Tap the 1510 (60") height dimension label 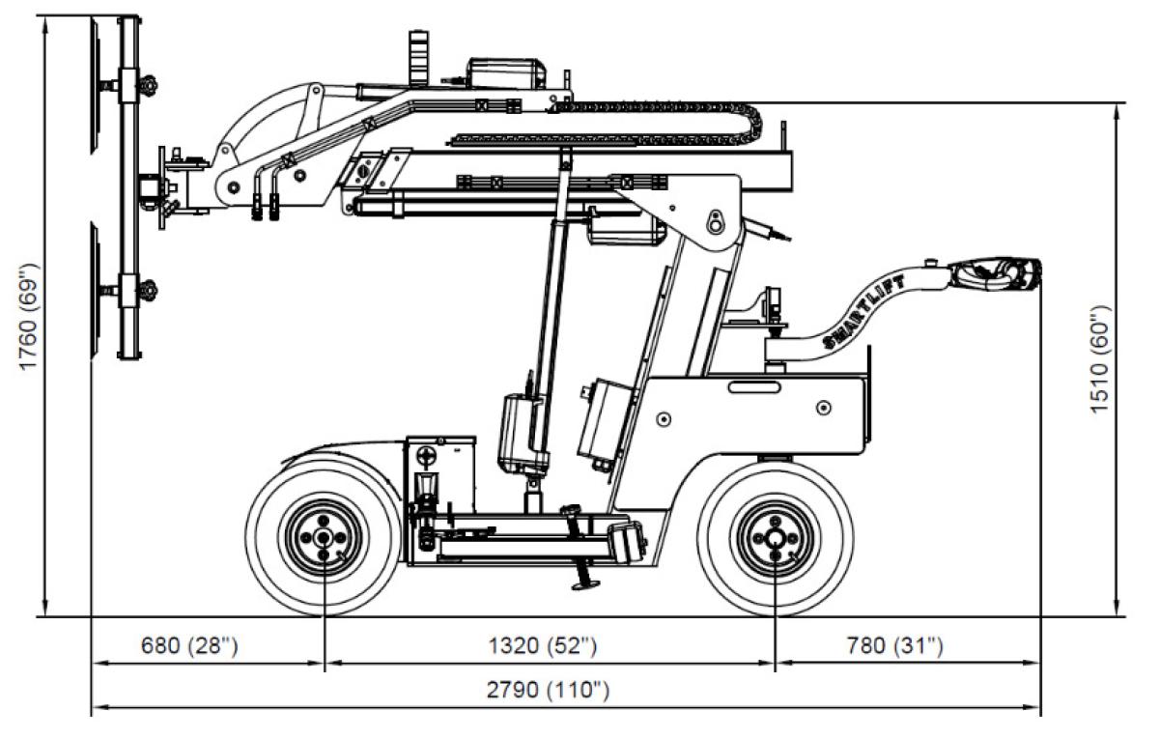click(x=1100, y=360)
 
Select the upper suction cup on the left click(x=95, y=87)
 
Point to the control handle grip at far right click(x=1000, y=274)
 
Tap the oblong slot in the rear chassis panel click(x=755, y=387)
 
